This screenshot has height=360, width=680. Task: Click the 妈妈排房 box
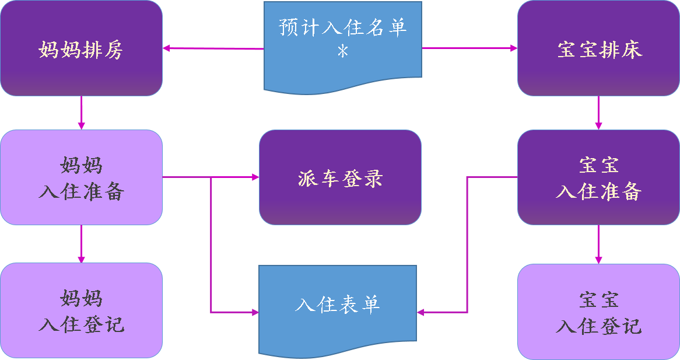coord(81,48)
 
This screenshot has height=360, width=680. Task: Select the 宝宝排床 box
coord(598,48)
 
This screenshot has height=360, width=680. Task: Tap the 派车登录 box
coord(340,177)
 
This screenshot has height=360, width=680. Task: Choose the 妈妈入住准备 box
coord(81,177)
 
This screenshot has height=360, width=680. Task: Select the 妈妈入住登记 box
coord(81,310)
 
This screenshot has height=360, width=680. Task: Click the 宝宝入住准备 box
coord(598,177)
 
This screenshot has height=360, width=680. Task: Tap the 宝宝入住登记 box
coord(598,312)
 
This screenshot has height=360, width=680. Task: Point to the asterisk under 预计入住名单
coord(343,52)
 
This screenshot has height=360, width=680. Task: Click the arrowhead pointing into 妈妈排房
coord(166,48)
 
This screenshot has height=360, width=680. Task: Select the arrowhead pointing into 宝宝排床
coord(514,48)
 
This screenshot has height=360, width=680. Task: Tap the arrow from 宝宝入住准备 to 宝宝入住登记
coord(598,244)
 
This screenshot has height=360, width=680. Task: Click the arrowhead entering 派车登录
coord(255,177)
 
